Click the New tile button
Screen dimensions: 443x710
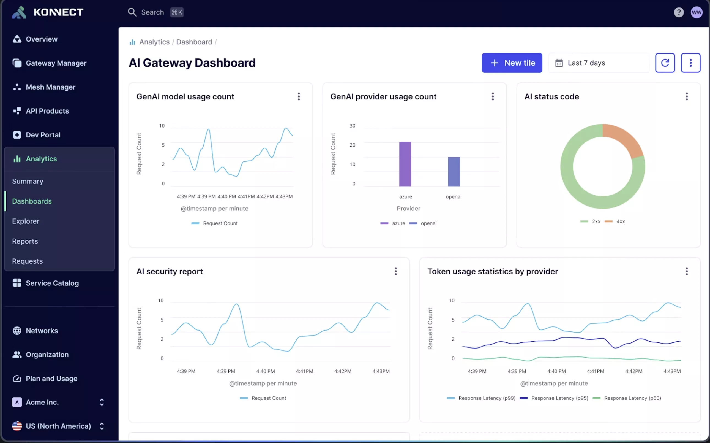click(x=512, y=63)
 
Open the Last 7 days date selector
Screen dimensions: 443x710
click(x=598, y=63)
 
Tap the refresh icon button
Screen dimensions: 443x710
click(x=665, y=63)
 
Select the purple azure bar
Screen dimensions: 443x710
click(x=405, y=164)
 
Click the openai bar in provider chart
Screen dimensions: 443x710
click(x=454, y=172)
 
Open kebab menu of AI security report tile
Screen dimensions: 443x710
click(x=395, y=271)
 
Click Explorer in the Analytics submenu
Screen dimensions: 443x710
click(x=26, y=221)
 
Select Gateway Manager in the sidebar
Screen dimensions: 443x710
click(x=56, y=63)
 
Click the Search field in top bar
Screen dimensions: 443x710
click(x=152, y=12)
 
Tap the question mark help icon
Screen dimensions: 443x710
click(x=678, y=12)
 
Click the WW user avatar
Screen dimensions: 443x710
click(x=696, y=12)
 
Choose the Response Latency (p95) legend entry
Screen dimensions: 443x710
click(x=554, y=398)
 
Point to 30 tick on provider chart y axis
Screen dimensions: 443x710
click(x=352, y=126)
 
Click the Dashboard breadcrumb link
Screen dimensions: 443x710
click(x=194, y=42)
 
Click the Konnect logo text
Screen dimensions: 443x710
click(x=58, y=12)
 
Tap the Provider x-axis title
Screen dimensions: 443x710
click(x=408, y=209)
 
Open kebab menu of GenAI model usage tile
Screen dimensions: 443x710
click(x=299, y=96)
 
